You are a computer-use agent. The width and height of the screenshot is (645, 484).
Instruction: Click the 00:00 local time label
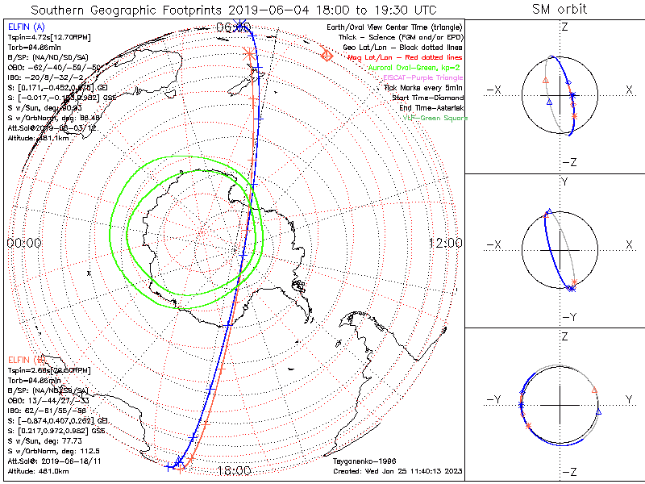(x=23, y=243)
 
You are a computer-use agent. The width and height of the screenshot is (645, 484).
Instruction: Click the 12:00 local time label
(x=445, y=243)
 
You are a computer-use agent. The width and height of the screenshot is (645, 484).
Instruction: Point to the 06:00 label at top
(x=232, y=27)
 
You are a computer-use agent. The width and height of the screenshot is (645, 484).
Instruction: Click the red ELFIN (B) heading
(x=27, y=360)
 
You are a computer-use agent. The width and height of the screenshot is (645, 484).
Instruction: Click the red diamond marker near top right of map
(x=327, y=56)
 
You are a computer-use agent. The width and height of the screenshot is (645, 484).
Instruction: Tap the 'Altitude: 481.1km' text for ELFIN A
(x=37, y=138)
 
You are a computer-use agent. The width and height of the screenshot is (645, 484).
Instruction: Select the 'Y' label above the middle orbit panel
(x=564, y=182)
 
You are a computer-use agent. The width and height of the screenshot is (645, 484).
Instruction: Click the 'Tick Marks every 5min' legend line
(x=422, y=87)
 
